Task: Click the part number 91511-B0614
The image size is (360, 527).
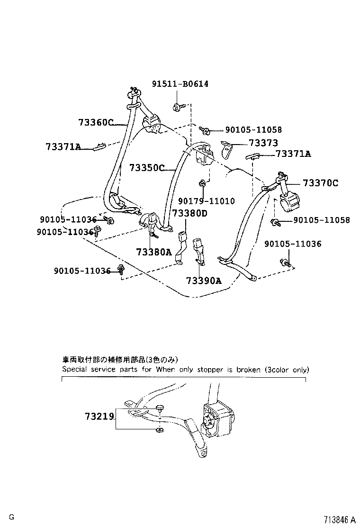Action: tap(180, 84)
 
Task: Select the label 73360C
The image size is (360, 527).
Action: tap(96, 123)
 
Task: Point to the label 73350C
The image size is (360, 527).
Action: tap(147, 168)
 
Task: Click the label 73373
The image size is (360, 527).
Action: tap(263, 143)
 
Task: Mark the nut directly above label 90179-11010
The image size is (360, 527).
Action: tap(202, 183)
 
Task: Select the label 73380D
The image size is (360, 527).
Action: tap(189, 213)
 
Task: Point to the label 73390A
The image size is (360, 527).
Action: tap(204, 281)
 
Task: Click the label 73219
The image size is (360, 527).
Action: tap(99, 417)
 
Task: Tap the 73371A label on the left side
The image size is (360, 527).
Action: tap(63, 147)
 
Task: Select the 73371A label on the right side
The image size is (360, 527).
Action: tap(293, 154)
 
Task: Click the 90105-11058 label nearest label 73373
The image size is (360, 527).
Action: tap(253, 129)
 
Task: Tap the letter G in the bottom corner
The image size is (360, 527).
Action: tap(11, 517)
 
